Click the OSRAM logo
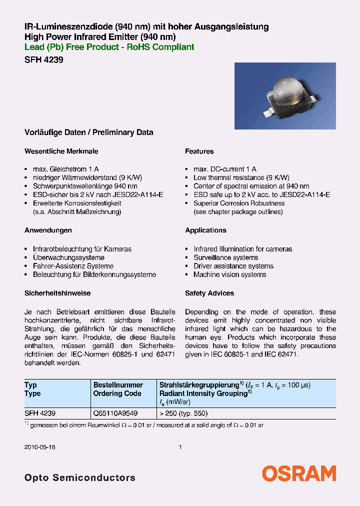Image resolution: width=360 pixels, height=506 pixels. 299,473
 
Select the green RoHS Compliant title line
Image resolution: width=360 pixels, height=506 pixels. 109,47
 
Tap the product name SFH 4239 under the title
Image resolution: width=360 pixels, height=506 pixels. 43,59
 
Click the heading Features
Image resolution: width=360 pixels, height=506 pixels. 199,151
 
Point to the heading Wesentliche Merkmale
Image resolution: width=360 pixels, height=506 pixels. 61,151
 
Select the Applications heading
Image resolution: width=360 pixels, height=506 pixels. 205,230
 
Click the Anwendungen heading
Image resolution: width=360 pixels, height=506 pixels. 48,230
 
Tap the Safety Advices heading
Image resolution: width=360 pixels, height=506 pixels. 209,293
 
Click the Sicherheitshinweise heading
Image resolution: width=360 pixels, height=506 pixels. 57,293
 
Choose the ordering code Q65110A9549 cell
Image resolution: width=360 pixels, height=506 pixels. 115,413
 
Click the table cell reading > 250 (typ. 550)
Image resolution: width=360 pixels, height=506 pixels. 183,413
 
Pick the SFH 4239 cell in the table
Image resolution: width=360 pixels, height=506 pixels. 40,413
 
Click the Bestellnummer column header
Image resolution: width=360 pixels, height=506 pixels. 118,385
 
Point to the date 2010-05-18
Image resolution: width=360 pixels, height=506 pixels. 40,447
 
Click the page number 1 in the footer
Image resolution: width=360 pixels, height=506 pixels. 180,447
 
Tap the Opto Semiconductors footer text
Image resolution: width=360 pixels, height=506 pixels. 80,477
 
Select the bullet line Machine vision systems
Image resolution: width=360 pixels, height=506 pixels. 229,274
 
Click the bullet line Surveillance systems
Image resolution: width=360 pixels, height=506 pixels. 225,257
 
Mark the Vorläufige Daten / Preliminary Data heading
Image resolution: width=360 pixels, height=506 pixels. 88,132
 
